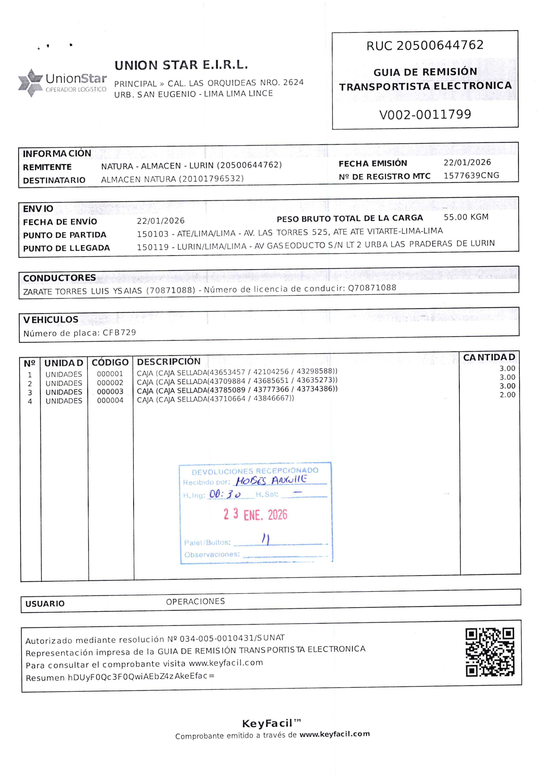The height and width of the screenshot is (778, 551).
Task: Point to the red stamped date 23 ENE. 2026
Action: coord(255,515)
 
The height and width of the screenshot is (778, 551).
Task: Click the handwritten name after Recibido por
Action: coord(271,480)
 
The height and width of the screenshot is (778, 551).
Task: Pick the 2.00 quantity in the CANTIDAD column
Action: coord(507,395)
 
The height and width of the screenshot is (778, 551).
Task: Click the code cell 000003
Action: coord(110,392)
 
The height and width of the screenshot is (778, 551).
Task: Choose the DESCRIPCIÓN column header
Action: coord(169,361)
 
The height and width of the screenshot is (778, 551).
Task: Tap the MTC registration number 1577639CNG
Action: coord(471,175)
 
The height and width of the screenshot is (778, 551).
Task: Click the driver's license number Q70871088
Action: coord(372,288)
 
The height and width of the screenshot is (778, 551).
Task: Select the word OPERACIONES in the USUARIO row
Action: coord(196,601)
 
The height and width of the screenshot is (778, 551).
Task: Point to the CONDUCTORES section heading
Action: coord(59,278)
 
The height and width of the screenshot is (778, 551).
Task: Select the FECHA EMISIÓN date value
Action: coord(467,163)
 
